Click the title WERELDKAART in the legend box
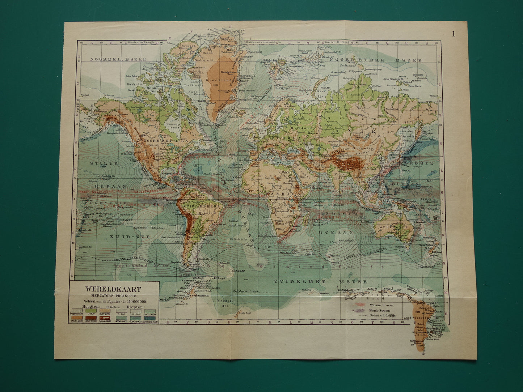coord(113,289)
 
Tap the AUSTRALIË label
coord(394,227)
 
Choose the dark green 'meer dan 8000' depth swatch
coord(149,318)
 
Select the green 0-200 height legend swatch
coord(92,311)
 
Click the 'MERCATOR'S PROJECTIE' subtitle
coord(113,295)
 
